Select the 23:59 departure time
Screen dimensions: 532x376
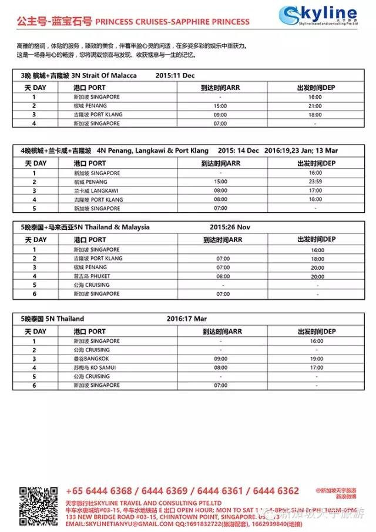coord(315,182)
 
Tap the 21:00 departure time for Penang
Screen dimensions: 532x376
coord(315,106)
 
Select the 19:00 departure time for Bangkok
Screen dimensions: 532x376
coord(316,359)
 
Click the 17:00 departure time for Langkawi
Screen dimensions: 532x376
coord(315,190)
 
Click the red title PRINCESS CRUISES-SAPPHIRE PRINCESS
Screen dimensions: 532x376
coord(172,22)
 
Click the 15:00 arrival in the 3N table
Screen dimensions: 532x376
coord(221,106)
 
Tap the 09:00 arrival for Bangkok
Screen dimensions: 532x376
coord(221,359)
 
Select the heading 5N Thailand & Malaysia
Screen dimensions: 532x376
coord(115,227)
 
